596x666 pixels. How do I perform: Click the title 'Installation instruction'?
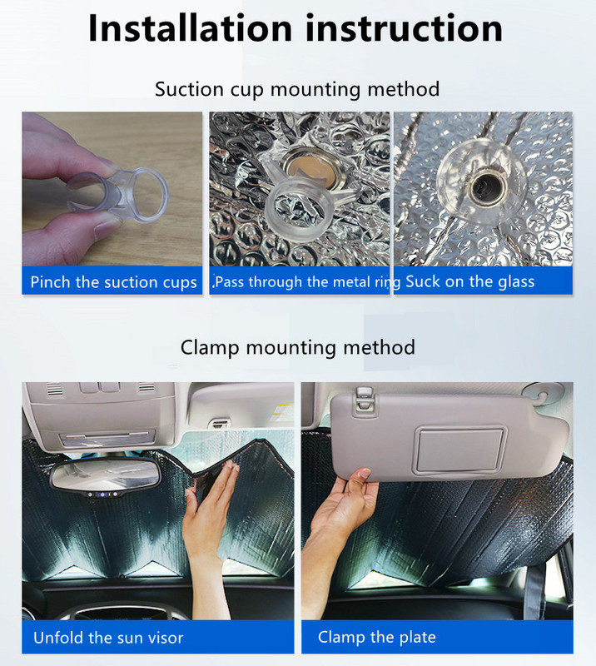pyautogui.click(x=296, y=28)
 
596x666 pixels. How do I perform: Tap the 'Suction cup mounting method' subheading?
pyautogui.click(x=297, y=88)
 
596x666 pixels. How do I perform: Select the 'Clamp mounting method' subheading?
pyautogui.click(x=297, y=346)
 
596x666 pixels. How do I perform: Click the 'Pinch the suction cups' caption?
pyautogui.click(x=113, y=282)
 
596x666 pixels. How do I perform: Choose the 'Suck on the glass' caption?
pyautogui.click(x=469, y=282)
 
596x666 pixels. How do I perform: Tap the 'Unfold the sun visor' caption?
pyautogui.click(x=108, y=639)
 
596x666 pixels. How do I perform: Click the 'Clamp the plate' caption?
pyautogui.click(x=377, y=639)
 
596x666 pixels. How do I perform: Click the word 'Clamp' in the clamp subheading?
pyautogui.click(x=209, y=346)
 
